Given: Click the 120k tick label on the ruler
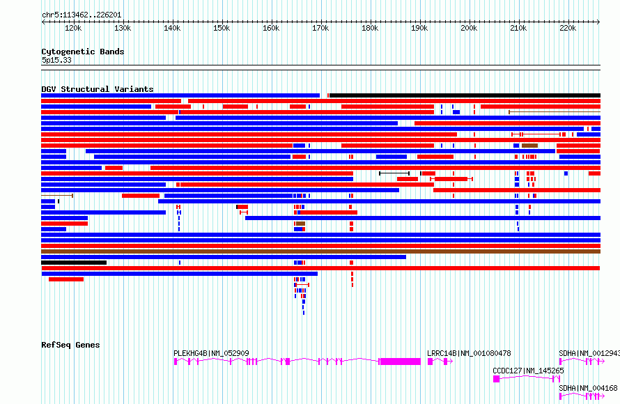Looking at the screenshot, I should [x=72, y=29].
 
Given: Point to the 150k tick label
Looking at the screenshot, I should [x=222, y=29].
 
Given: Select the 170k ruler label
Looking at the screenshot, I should [x=320, y=29].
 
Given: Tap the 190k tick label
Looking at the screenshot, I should [x=419, y=29].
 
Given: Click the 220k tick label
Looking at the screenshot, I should [x=568, y=29].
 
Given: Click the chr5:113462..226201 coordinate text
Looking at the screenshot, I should [x=81, y=14].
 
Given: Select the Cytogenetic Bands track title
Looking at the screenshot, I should [x=82, y=52].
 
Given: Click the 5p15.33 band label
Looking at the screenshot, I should [x=56, y=60].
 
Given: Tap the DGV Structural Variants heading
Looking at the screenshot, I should [x=97, y=89].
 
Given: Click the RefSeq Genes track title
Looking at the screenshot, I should [x=70, y=345].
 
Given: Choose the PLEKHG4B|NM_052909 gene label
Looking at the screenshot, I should [x=211, y=353].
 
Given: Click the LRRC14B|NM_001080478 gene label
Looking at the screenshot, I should [x=469, y=353].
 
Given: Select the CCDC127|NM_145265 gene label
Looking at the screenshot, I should [x=528, y=371].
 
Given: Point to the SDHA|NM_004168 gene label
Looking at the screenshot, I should [x=588, y=388].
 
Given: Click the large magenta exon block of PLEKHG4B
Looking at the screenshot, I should [x=400, y=362].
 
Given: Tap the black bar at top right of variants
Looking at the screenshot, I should [x=465, y=95].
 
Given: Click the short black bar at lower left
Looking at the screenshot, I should [x=74, y=263].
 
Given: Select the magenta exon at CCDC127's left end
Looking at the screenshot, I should [x=497, y=379].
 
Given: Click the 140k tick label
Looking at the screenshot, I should [x=172, y=29].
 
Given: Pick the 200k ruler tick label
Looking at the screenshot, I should [x=469, y=29].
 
